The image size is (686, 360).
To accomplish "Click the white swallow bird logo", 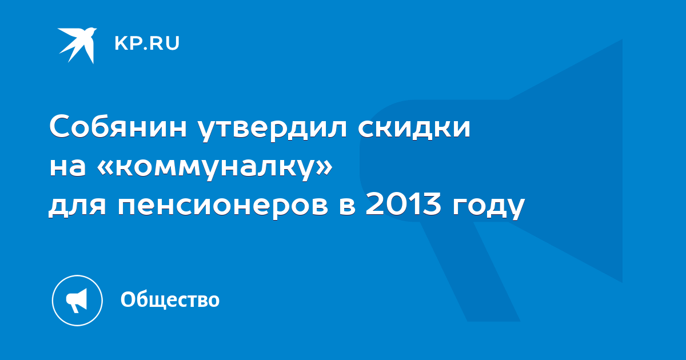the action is tap(78, 45).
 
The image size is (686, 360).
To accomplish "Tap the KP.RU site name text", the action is tap(147, 43).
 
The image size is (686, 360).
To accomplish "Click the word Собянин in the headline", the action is tap(118, 126).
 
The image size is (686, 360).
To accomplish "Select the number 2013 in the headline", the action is tap(404, 203).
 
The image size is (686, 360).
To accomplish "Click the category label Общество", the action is tap(170, 299).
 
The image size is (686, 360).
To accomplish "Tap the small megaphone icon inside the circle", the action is tap(77, 301).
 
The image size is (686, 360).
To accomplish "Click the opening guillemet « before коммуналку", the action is tap(105, 169).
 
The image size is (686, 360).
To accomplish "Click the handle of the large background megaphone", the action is tap(470, 271).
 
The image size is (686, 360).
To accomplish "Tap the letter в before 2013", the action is tap(348, 206).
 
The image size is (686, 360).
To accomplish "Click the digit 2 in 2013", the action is tap(374, 203).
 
